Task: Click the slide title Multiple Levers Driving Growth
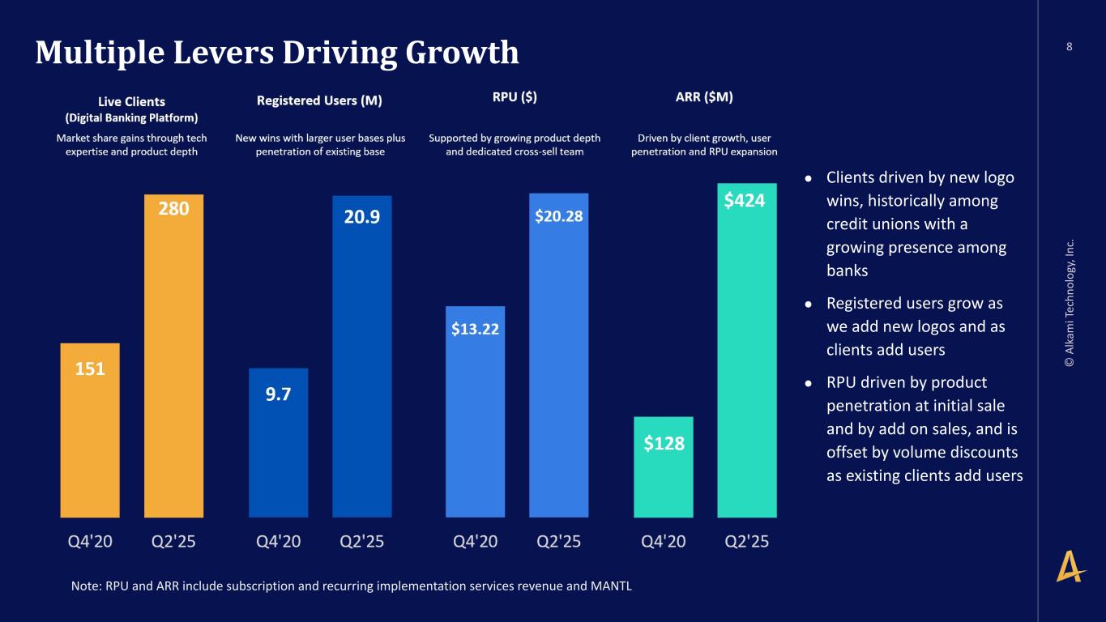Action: [x=276, y=53]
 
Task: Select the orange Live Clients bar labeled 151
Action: [x=90, y=429]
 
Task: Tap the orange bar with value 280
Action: [x=173, y=356]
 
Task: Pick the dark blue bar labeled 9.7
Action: [x=278, y=442]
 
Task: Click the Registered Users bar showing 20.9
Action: [x=362, y=356]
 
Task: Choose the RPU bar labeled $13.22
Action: [x=475, y=411]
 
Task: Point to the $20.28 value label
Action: [x=558, y=216]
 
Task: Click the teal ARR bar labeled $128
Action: [x=664, y=466]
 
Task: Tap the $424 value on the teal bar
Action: [x=745, y=200]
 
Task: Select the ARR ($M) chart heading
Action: [x=704, y=97]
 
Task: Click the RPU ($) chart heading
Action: [x=515, y=97]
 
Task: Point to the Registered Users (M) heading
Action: [x=319, y=100]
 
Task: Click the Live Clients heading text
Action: [x=131, y=101]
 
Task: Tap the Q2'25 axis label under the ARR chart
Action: [x=746, y=542]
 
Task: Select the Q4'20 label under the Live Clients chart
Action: [x=90, y=542]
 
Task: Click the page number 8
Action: [x=1069, y=46]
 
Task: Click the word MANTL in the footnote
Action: [x=612, y=586]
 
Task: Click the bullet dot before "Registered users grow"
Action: [x=808, y=304]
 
